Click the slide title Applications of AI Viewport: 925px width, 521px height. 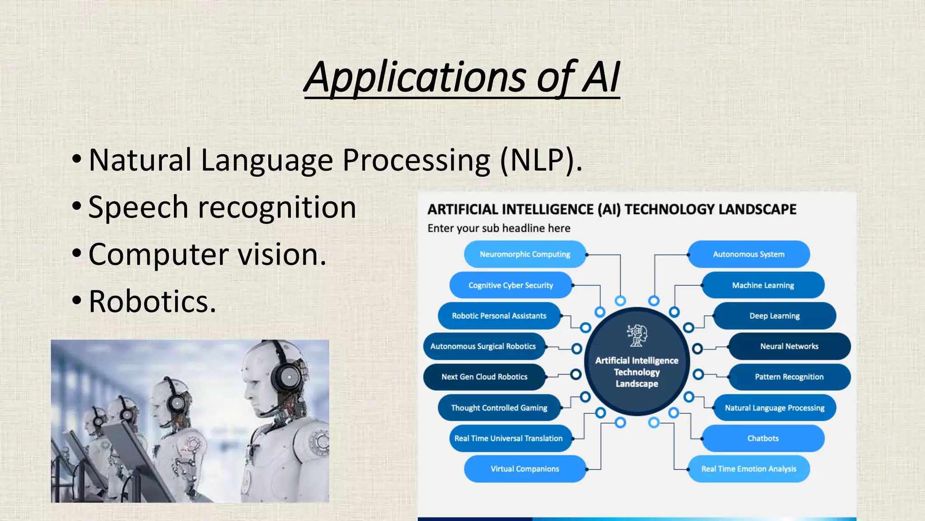click(462, 77)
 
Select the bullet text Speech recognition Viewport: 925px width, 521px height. click(222, 208)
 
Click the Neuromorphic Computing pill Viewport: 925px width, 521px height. click(525, 254)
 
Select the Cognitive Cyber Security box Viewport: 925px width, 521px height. click(510, 285)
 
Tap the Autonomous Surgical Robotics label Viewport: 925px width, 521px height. click(483, 346)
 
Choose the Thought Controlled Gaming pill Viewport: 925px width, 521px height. click(499, 408)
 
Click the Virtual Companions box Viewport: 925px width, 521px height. click(525, 469)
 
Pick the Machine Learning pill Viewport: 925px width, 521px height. click(763, 285)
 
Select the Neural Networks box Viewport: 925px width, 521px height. click(789, 346)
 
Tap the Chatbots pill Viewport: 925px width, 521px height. click(763, 438)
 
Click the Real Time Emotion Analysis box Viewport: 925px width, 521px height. click(748, 469)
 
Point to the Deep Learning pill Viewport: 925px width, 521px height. click(774, 316)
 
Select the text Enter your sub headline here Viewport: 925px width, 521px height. click(499, 228)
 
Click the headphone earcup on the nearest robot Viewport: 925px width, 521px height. click(288, 376)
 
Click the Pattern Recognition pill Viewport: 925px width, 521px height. click(789, 377)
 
